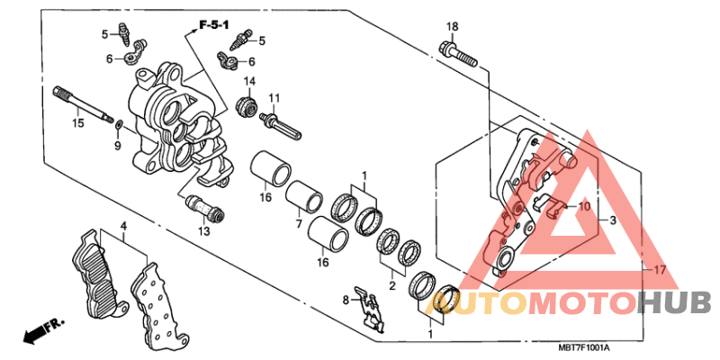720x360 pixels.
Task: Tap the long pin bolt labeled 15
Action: (83, 103)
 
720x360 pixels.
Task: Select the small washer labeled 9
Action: (119, 123)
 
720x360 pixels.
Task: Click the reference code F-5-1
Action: (214, 25)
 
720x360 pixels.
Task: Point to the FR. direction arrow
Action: (43, 331)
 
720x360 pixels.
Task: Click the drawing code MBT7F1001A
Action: (584, 350)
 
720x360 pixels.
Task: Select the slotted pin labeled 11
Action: (281, 124)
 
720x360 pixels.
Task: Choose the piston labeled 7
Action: (303, 196)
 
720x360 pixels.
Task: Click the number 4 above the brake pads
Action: (123, 226)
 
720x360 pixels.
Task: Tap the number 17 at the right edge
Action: (660, 271)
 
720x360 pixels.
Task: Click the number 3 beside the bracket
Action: (613, 220)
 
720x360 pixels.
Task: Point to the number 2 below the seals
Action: (392, 286)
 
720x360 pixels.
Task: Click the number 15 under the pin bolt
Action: (78, 123)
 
